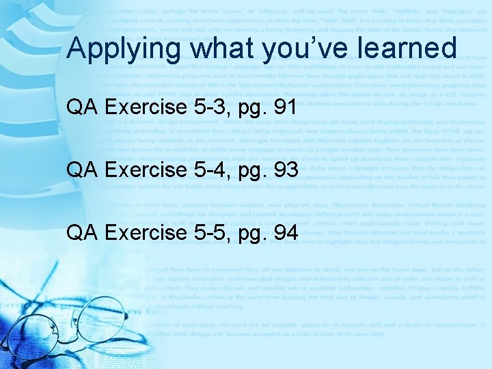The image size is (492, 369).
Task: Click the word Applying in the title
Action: pos(125,49)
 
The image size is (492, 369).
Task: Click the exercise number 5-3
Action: pos(209,107)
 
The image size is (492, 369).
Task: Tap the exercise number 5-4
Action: pos(209,170)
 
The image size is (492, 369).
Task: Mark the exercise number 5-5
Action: pos(209,233)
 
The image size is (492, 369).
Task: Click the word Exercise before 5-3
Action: pos(146,107)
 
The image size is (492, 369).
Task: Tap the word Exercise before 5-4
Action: pos(146,170)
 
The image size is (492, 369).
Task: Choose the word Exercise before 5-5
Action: pos(146,233)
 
